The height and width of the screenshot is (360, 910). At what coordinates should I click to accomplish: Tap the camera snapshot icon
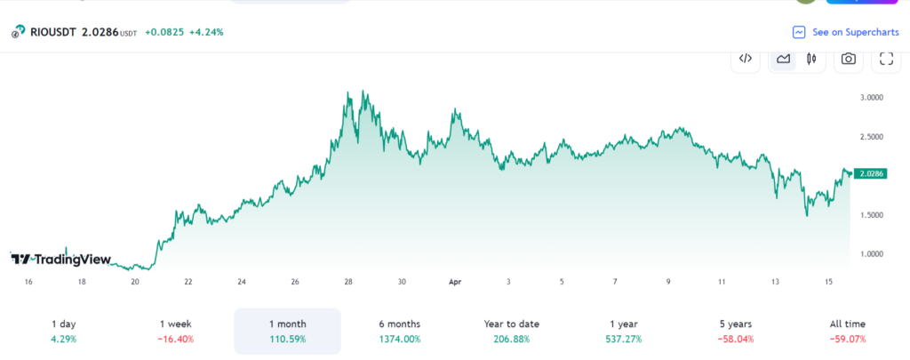(x=849, y=59)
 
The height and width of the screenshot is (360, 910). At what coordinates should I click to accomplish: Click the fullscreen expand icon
(x=885, y=59)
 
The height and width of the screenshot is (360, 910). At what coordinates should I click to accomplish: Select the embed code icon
(x=746, y=59)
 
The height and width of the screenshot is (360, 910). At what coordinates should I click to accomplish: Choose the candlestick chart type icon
(x=810, y=59)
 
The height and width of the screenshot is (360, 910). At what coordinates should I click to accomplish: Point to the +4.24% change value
(x=206, y=32)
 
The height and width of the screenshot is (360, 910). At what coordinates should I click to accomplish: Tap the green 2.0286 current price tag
(x=867, y=174)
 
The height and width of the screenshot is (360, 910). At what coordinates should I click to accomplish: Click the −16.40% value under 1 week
(x=175, y=340)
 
